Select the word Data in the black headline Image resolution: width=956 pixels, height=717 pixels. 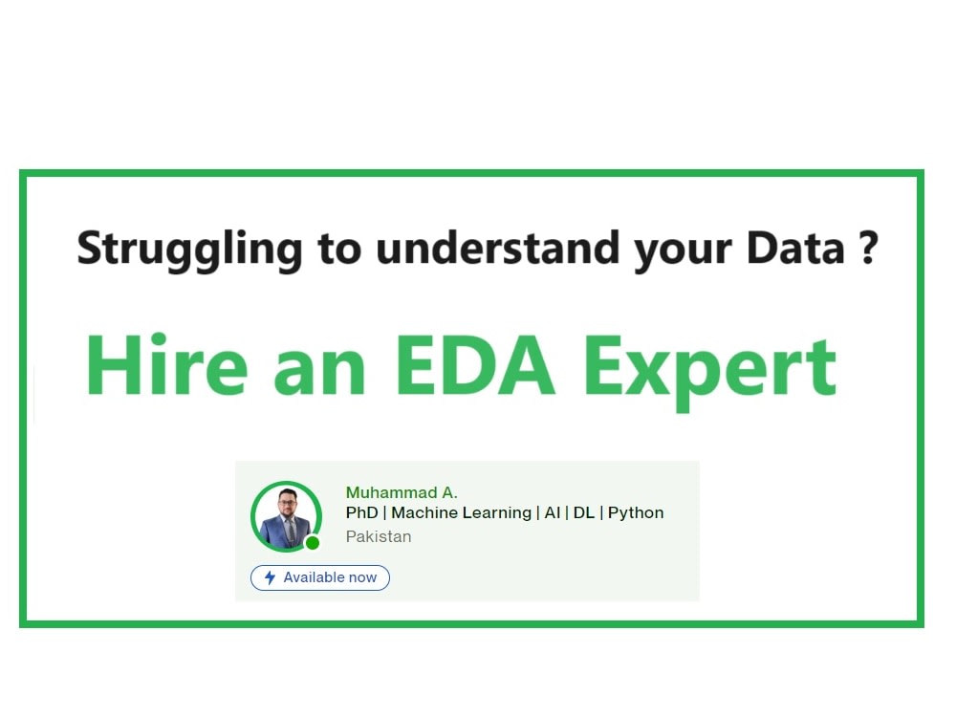[x=796, y=247]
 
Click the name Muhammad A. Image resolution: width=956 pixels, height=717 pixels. [x=402, y=492]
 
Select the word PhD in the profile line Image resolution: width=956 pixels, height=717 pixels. [x=361, y=512]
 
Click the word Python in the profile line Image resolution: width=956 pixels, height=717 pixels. [x=636, y=512]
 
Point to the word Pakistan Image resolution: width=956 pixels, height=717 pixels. [x=379, y=536]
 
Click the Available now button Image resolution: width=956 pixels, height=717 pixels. [x=320, y=577]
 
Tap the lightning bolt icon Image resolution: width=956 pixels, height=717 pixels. [x=271, y=577]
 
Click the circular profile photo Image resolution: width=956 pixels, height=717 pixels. [x=286, y=516]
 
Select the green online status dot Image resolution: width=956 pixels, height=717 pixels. [x=312, y=543]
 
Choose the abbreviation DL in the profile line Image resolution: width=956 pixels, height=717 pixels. [x=583, y=512]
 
